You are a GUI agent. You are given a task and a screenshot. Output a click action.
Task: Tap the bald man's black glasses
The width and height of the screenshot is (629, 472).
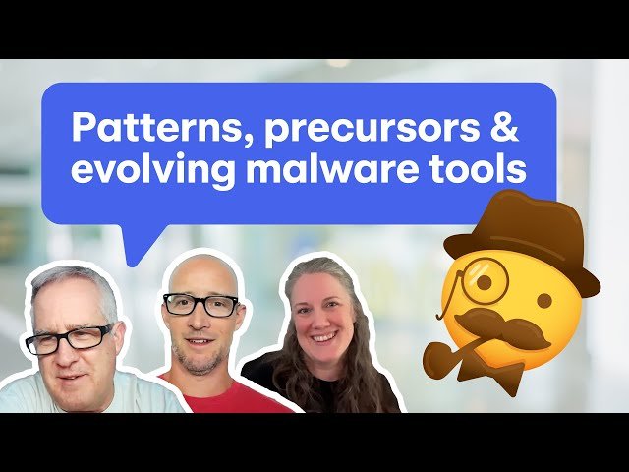coord(200,304)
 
